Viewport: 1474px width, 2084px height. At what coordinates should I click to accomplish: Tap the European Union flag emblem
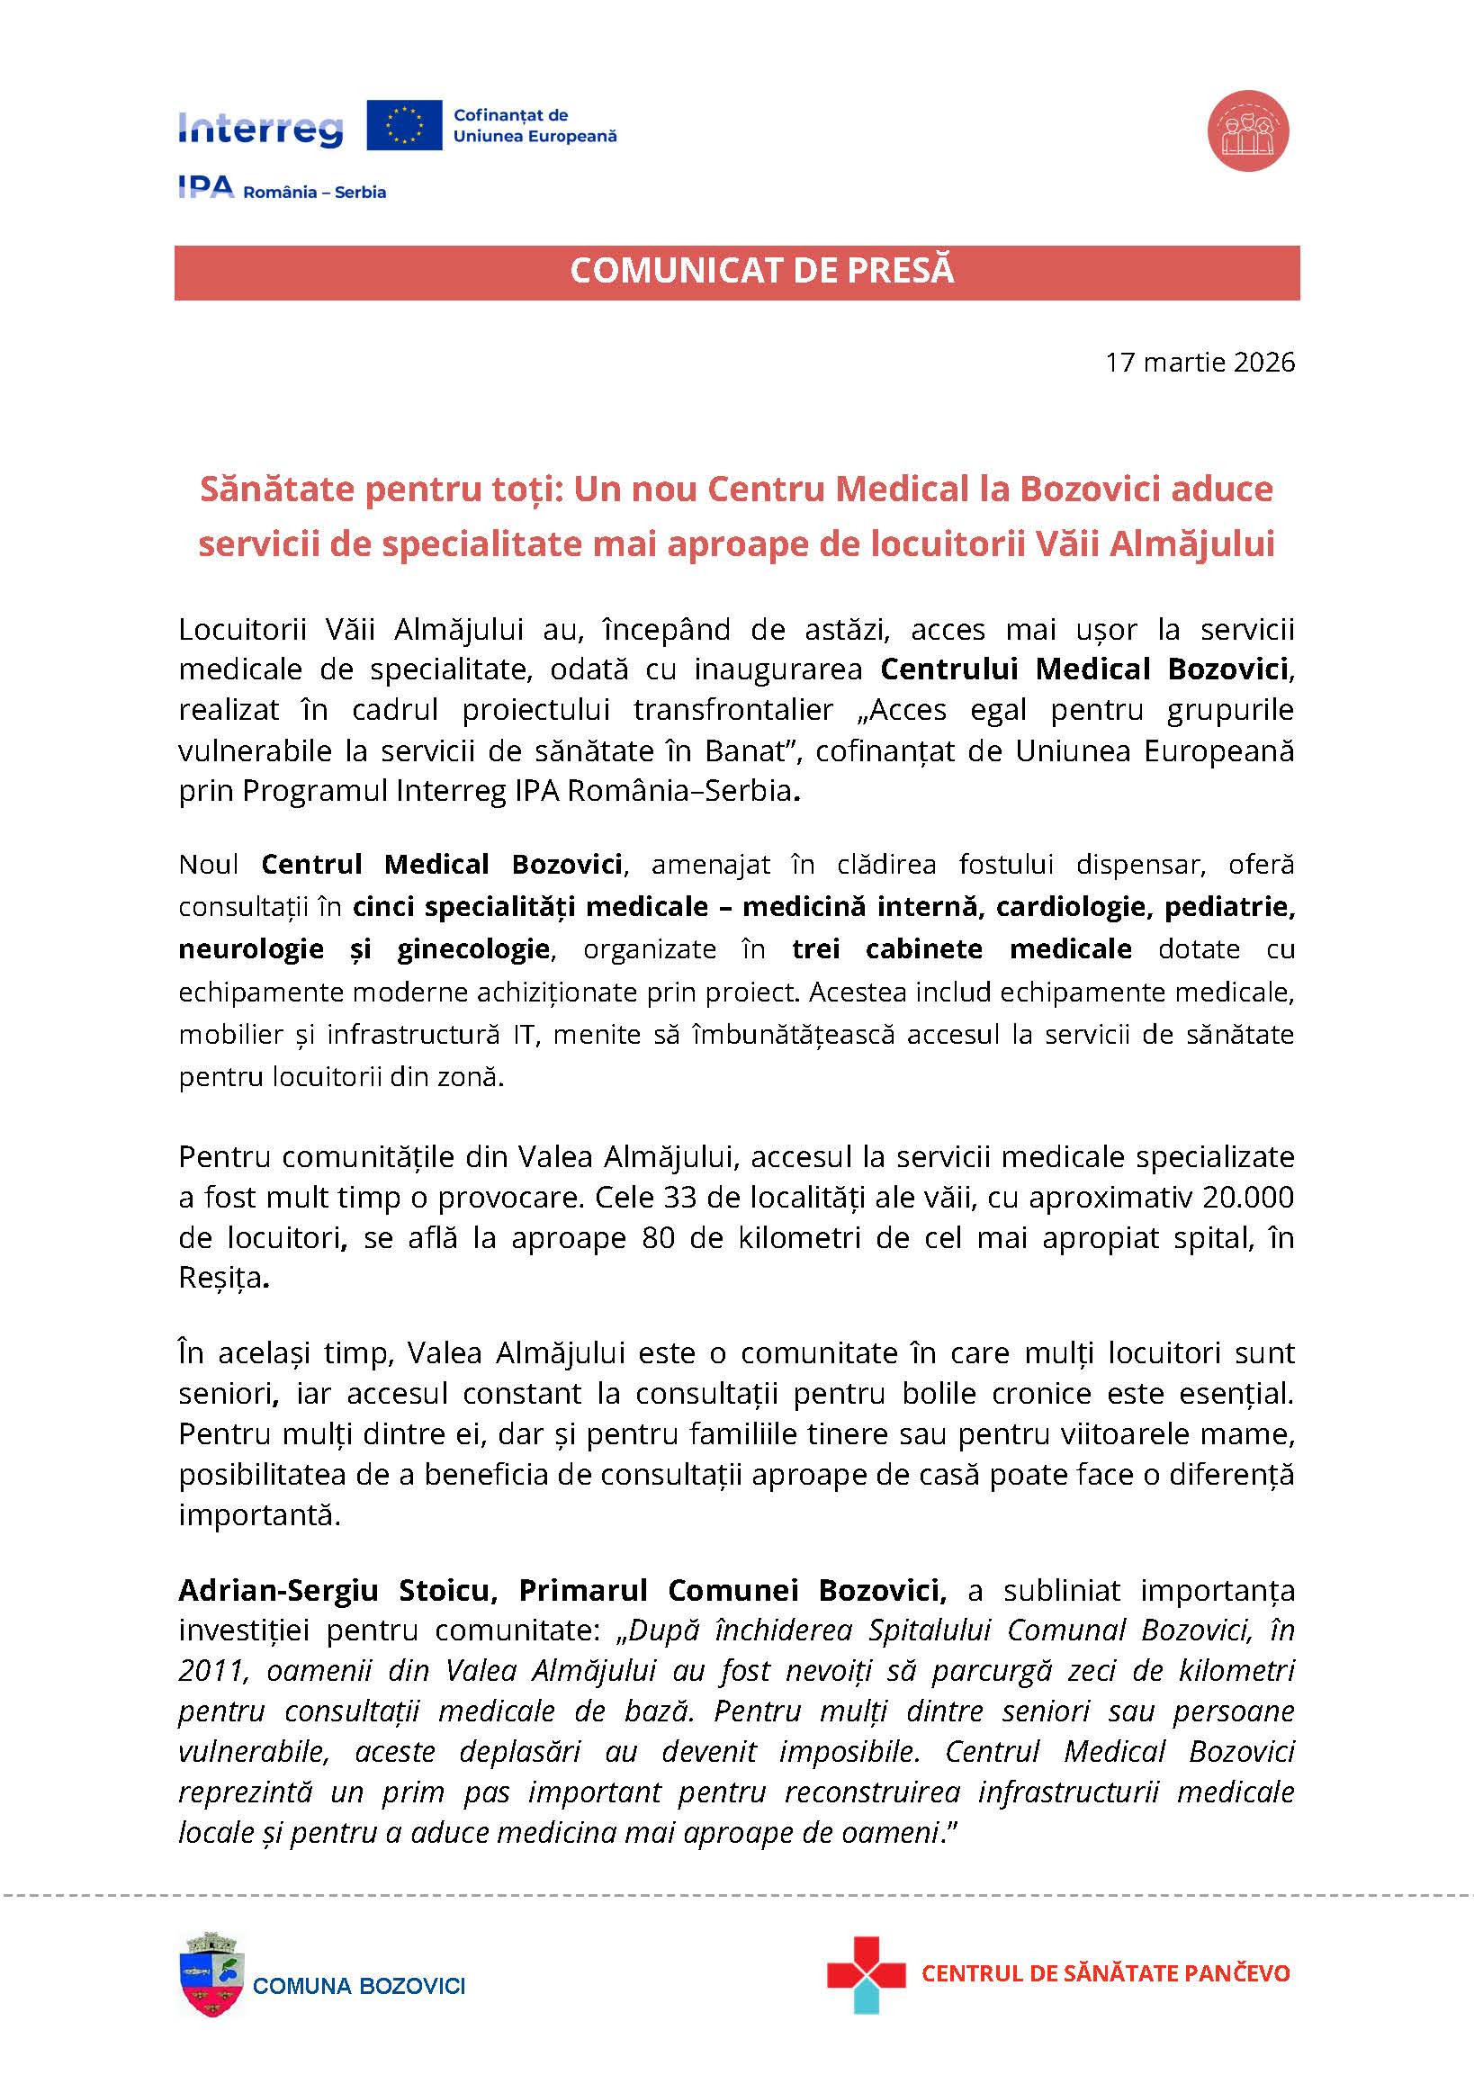tap(404, 125)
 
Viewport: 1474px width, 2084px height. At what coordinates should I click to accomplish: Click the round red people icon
tap(1248, 130)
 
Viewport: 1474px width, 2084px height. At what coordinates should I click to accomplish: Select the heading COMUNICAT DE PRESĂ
tap(761, 271)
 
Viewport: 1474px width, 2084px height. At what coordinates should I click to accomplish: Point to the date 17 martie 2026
tap(1199, 362)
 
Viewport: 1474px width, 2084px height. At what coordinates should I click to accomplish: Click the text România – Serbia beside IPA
tap(314, 193)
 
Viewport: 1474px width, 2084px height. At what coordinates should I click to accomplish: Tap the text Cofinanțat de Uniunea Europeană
tap(535, 125)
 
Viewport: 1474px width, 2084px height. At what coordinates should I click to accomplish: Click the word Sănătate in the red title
tap(277, 489)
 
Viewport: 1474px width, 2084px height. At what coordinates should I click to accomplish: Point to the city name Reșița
tap(220, 1278)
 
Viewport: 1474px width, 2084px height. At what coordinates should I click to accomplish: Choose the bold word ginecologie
tap(472, 948)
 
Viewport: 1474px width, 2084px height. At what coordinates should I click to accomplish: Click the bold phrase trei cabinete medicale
tap(961, 948)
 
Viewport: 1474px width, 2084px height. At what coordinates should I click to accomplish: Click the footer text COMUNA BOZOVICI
tap(358, 1986)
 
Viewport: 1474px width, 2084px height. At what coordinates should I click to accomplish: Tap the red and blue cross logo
tap(865, 1975)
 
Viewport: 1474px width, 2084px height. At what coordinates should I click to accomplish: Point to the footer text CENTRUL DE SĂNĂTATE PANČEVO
tap(1104, 1973)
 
